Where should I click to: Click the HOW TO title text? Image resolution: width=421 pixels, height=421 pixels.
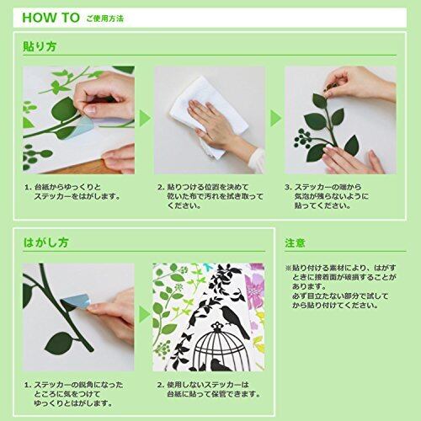(x=51, y=18)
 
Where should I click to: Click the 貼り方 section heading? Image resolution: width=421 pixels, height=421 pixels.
(x=40, y=46)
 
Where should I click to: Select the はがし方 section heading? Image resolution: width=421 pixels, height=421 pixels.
(x=45, y=242)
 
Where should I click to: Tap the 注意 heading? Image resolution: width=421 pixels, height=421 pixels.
(x=295, y=243)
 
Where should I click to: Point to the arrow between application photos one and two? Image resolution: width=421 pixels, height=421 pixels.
(x=145, y=119)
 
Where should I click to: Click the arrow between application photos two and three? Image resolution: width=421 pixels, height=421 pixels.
(x=275, y=118)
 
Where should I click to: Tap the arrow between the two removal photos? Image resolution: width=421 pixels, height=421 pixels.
(x=144, y=314)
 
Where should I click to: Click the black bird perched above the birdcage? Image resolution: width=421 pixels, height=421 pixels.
(x=234, y=320)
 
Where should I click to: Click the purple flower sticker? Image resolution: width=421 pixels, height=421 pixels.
(x=254, y=289)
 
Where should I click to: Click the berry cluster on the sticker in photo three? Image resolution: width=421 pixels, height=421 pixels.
(x=302, y=138)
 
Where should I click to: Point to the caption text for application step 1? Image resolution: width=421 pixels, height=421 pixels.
(x=72, y=192)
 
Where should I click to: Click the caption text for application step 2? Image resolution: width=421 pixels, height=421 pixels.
(x=210, y=196)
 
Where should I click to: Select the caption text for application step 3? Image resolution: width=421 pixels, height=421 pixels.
(x=327, y=196)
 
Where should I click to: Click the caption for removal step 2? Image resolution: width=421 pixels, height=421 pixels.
(x=209, y=389)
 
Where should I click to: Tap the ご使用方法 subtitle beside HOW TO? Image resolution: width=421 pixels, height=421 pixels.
(x=104, y=19)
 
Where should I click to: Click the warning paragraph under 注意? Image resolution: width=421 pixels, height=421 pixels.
(x=341, y=286)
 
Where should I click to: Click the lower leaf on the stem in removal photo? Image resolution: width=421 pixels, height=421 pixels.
(x=60, y=343)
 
